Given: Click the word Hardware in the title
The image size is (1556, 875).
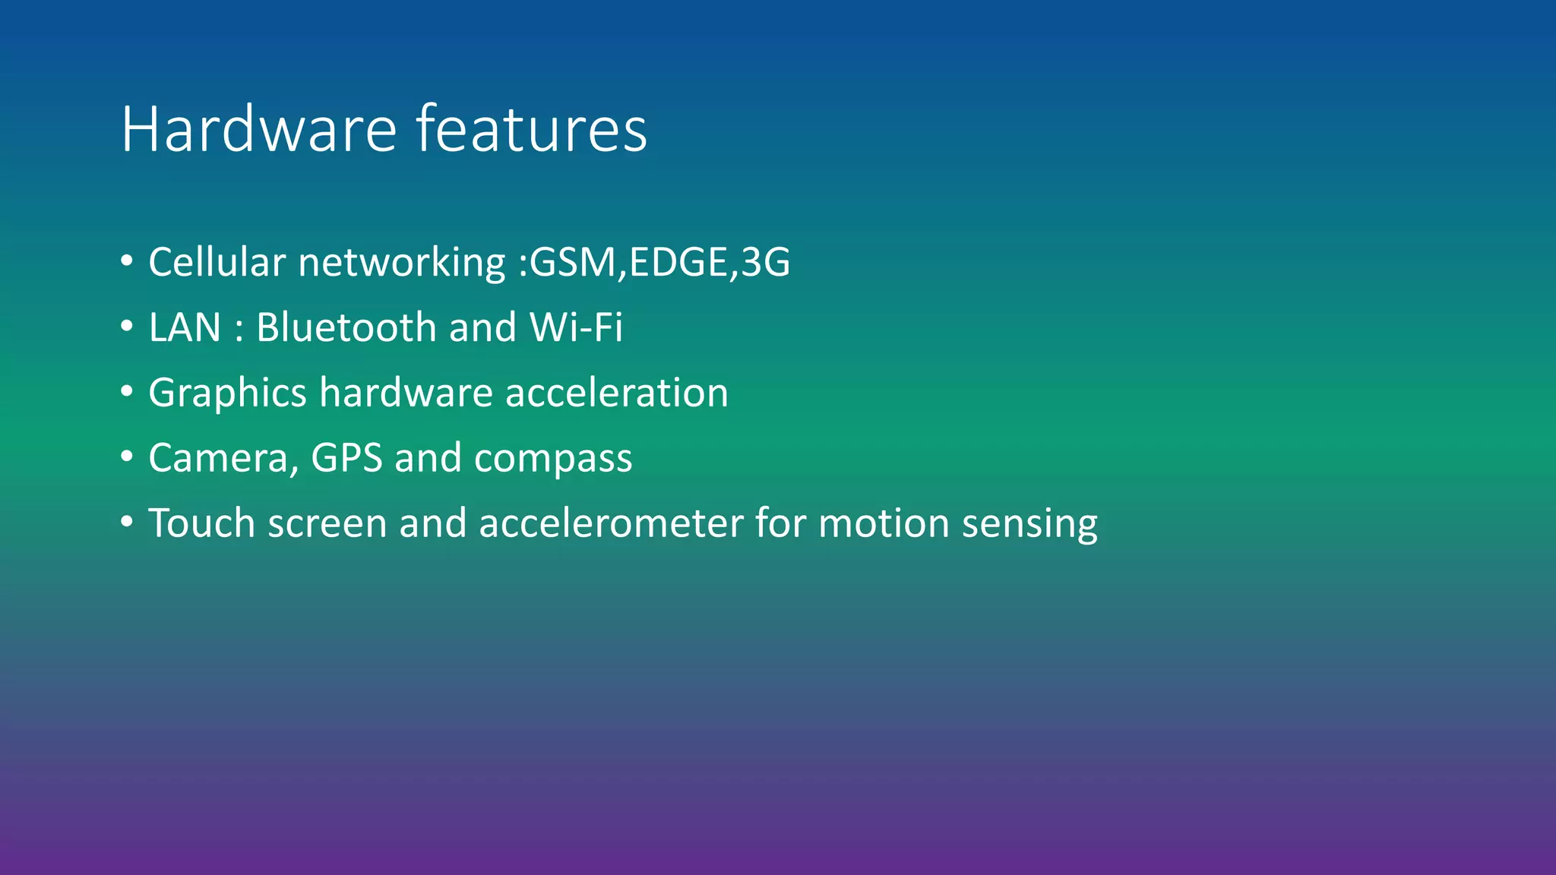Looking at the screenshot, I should tap(258, 129).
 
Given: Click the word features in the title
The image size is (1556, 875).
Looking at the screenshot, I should tap(531, 129).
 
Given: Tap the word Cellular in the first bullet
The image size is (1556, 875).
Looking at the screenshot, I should tap(217, 262).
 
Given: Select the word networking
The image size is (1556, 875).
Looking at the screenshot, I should tap(402, 264).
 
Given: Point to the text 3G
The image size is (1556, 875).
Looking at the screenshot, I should tap(765, 262).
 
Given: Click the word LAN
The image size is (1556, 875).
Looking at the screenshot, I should tap(185, 327).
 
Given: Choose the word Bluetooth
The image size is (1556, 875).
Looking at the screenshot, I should tap(346, 327).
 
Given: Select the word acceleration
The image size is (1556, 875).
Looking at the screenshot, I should tap(616, 393).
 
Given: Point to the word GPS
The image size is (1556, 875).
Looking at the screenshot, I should tap(346, 458).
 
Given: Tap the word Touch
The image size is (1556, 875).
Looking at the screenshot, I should tap(201, 523).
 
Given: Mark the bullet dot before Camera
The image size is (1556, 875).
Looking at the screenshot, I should tap(127, 457).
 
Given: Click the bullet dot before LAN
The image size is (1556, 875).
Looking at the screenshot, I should tap(127, 327).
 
